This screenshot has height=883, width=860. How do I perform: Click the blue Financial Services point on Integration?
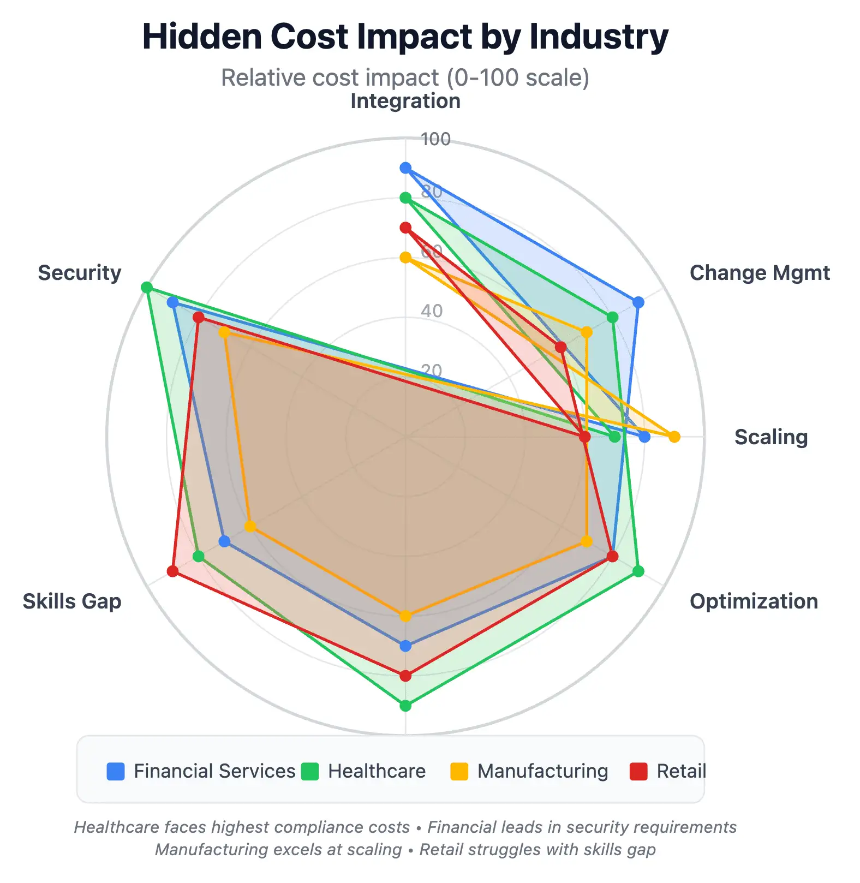point(405,168)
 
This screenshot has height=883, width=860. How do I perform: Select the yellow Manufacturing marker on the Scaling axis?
point(674,437)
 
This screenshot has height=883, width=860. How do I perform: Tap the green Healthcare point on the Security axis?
point(146,287)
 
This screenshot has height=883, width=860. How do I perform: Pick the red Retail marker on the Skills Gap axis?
point(172,571)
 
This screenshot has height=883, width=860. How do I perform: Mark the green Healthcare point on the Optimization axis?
point(638,571)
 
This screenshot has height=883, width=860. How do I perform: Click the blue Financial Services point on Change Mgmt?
point(638,302)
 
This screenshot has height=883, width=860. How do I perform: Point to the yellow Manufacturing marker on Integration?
point(405,258)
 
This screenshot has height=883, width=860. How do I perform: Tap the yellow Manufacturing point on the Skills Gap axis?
point(250,527)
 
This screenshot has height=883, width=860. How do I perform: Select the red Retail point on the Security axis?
point(198,317)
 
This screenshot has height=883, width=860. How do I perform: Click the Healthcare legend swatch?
point(310,772)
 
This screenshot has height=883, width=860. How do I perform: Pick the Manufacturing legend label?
point(542,771)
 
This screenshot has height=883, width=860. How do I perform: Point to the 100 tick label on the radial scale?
point(435,140)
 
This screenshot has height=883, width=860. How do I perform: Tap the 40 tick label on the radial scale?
point(432,311)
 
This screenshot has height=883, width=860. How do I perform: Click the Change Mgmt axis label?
point(760,273)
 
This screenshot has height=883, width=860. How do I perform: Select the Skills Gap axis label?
point(72,601)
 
